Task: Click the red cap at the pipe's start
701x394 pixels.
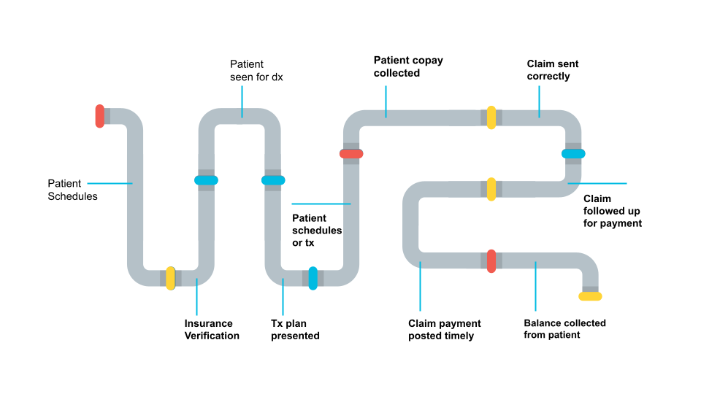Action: click(100, 116)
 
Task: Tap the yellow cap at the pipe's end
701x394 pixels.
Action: click(590, 296)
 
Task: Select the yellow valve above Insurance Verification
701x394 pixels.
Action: click(170, 278)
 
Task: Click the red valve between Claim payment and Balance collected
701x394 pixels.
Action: click(491, 260)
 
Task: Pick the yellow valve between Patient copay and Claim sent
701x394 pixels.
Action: click(491, 117)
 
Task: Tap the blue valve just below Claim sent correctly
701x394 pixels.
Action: click(573, 153)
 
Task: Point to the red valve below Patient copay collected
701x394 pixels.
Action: click(351, 153)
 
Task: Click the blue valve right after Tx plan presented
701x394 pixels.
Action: click(313, 278)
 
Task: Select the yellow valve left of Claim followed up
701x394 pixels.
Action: click(491, 189)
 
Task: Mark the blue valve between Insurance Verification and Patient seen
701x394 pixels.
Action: click(206, 180)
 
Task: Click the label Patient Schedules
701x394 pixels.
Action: click(72, 190)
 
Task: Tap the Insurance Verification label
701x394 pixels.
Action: click(211, 330)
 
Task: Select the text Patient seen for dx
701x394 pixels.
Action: click(256, 71)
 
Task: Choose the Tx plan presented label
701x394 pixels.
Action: click(295, 330)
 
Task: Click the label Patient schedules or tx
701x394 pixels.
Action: click(317, 230)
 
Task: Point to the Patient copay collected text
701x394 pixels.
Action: click(408, 66)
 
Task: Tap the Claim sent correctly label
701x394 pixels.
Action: click(553, 70)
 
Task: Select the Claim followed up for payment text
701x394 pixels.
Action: click(612, 211)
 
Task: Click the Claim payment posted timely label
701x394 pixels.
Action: click(444, 330)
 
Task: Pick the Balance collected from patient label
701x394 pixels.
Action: click(564, 329)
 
